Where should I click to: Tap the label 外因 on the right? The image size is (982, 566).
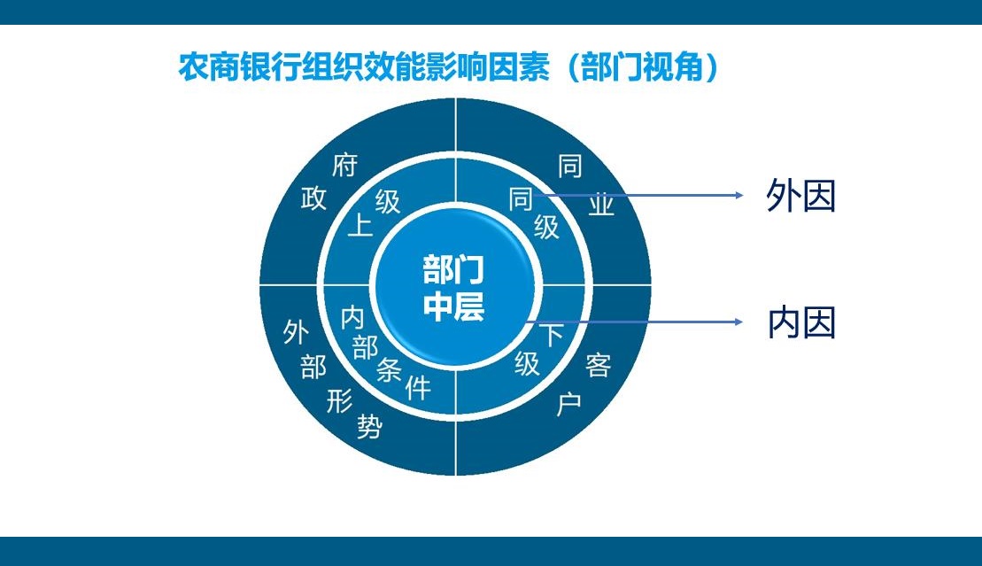[800, 197]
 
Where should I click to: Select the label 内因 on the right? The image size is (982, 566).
[800, 324]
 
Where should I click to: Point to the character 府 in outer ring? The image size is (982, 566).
[344, 165]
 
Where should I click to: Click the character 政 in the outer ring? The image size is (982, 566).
[314, 198]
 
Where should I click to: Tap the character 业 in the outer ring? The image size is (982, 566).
[602, 205]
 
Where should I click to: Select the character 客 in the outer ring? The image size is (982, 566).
[599, 364]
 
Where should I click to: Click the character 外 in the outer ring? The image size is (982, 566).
[295, 332]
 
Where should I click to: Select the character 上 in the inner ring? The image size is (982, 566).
[360, 225]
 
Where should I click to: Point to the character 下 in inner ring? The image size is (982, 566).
[551, 335]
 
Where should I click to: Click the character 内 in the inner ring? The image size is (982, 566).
[352, 317]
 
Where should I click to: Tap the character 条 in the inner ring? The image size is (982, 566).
[390, 369]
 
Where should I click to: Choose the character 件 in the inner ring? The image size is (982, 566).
[418, 387]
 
